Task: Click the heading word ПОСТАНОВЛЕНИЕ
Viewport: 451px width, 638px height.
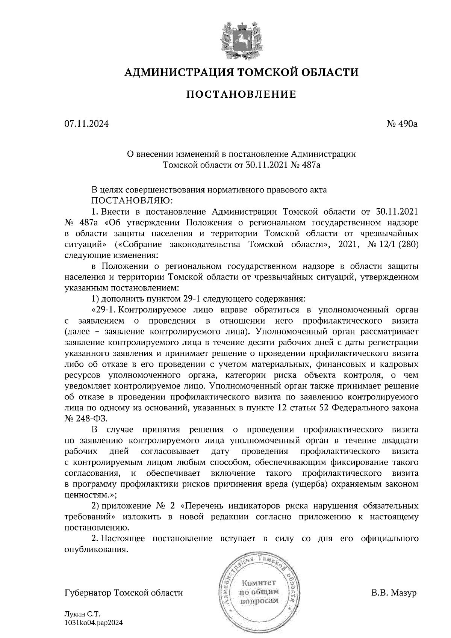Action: click(241, 94)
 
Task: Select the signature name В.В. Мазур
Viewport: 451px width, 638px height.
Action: click(394, 593)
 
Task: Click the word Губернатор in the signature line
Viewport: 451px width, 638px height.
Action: click(88, 593)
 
